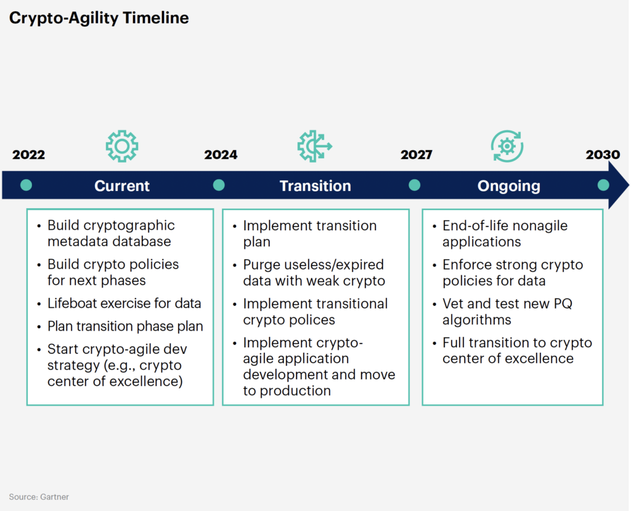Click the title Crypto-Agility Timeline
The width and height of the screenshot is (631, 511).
[99, 18]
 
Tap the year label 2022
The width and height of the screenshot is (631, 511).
[28, 155]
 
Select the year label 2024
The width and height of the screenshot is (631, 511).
[221, 155]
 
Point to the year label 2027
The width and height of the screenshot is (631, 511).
[416, 155]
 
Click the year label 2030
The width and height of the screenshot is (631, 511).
[603, 155]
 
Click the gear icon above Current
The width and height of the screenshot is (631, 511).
[121, 146]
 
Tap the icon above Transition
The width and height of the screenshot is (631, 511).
[314, 146]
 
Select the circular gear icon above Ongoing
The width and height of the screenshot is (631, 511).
[507, 146]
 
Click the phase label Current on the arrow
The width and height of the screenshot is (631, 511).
[122, 186]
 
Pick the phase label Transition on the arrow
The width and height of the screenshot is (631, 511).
[315, 186]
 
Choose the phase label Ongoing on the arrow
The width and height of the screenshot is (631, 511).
[508, 186]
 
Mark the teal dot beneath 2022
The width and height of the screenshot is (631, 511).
[26, 185]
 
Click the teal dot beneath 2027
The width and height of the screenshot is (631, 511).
[414, 185]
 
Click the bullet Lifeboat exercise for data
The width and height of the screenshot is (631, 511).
[124, 304]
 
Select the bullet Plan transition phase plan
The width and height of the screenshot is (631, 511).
[125, 326]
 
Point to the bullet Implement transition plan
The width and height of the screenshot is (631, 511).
[309, 233]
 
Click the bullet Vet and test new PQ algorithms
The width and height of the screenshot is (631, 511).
[507, 312]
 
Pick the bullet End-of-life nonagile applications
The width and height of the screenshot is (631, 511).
[505, 233]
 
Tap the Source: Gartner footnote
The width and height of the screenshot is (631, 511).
[39, 497]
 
